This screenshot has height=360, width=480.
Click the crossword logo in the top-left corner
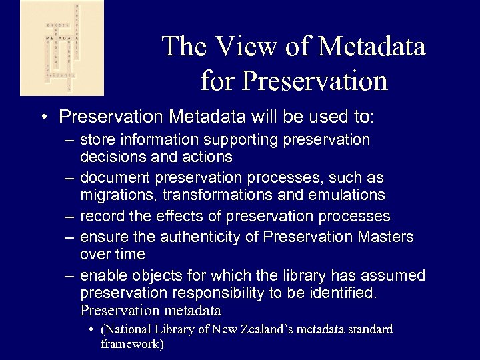click(53, 48)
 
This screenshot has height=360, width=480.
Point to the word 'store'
click(97, 141)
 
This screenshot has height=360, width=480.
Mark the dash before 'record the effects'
click(69, 217)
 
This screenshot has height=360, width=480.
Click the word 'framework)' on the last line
click(132, 344)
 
